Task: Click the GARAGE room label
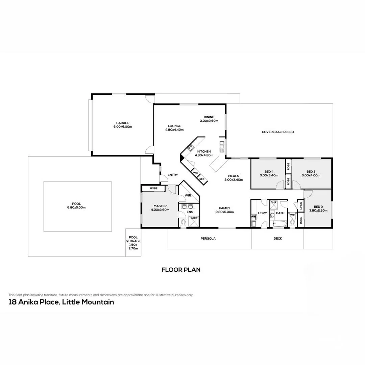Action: point(123,123)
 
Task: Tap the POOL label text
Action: point(76,204)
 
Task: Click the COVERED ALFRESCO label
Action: point(278,132)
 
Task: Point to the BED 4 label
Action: point(269,171)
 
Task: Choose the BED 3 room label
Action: point(310,171)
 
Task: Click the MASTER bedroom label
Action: point(160,206)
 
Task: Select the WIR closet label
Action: point(188,195)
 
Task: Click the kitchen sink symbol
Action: point(222,146)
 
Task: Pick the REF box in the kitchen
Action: point(202,179)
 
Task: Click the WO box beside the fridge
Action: point(196,173)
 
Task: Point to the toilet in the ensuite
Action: point(184,222)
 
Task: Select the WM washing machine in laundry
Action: point(253,217)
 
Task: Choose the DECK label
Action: point(277,239)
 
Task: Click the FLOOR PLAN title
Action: point(181,270)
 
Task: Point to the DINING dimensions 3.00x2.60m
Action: point(209,121)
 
